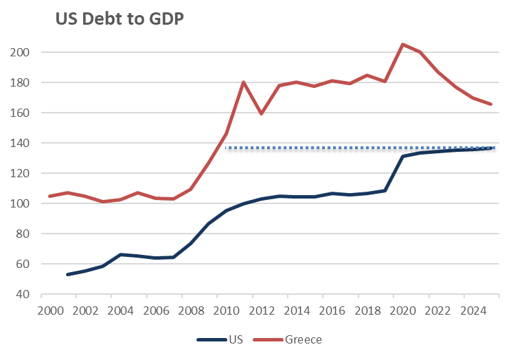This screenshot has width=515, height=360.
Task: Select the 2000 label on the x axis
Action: point(49,311)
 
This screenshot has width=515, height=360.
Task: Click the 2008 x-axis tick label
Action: point(190,311)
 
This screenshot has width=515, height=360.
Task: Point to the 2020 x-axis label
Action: point(402,311)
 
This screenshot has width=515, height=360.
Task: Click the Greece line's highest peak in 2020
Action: point(402,44)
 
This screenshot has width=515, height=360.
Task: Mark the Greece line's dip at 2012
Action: point(262,113)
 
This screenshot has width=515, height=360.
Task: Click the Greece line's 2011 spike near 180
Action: point(244,82)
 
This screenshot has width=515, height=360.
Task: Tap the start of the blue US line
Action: point(67,274)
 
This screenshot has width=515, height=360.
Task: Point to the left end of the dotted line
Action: point(226,148)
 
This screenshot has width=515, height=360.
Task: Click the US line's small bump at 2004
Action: point(121,254)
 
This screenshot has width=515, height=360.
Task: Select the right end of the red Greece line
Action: point(491,104)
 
